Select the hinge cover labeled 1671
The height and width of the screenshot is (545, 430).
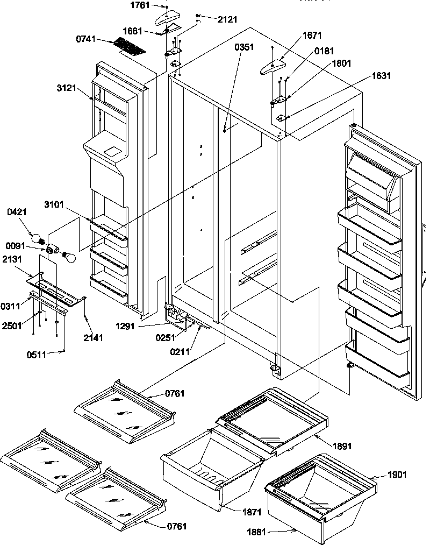(273, 67)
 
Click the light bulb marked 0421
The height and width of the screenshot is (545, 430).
(37, 236)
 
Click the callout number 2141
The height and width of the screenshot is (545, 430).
(93, 337)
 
